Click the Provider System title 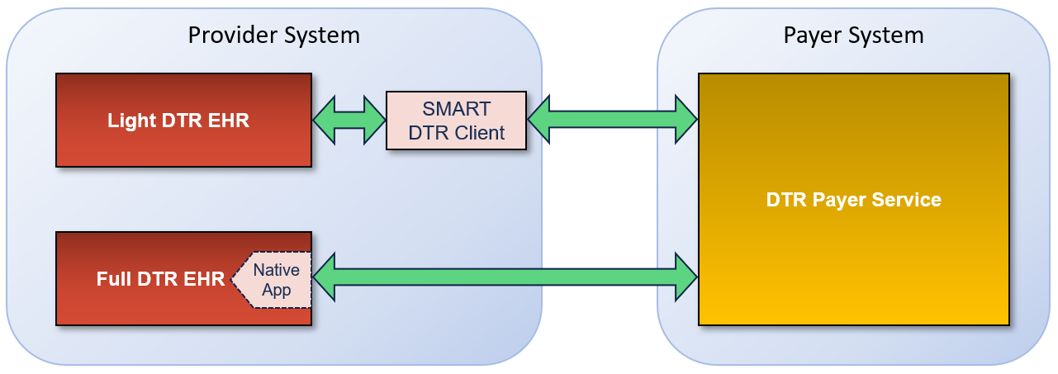pos(273,36)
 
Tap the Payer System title pos(853,36)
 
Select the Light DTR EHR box pos(183,121)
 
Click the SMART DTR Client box pos(456,121)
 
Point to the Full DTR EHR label pos(160,279)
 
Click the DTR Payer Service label pos(853,200)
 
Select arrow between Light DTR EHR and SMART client pos(349,121)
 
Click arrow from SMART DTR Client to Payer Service pos(612,121)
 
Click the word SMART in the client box pos(456,109)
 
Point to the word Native pos(276,270)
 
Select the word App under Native pos(276,290)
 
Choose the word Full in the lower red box pos(111,279)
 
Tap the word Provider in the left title pos(228,36)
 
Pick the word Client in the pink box pos(478,132)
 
